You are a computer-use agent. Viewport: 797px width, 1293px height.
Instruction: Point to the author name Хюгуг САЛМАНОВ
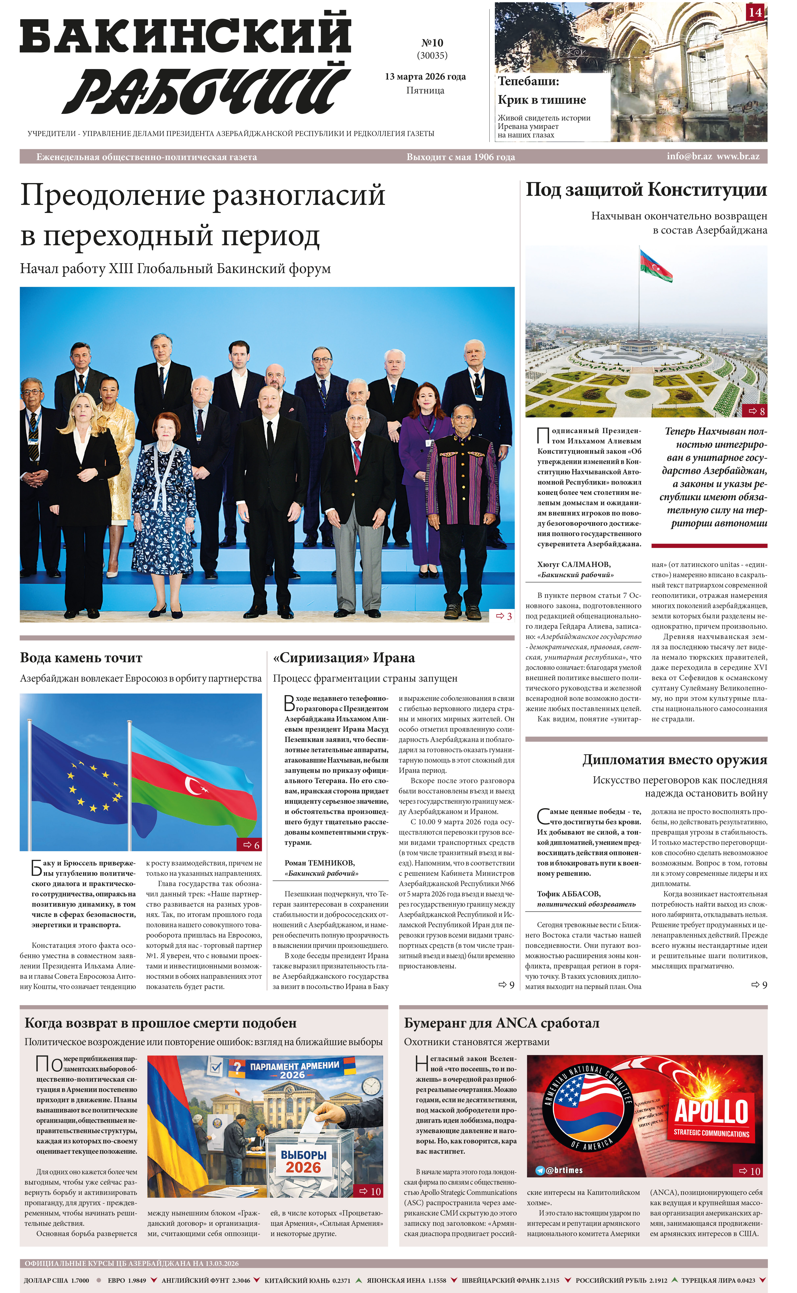pyautogui.click(x=574, y=565)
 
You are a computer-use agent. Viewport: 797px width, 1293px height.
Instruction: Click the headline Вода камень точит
pyautogui.click(x=81, y=658)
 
